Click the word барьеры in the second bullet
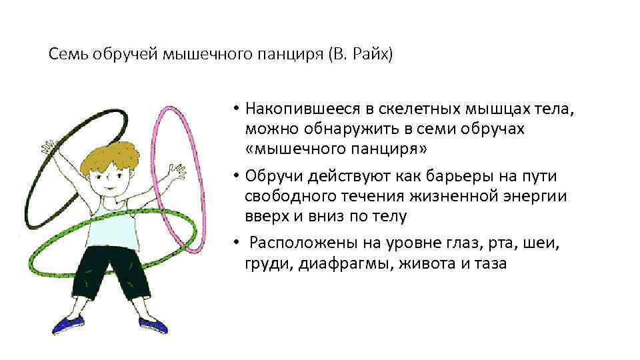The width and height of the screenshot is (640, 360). coord(455,177)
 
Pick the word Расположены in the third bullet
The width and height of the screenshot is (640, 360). coord(291,245)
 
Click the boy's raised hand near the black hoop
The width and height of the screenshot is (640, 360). coord(48,146)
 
